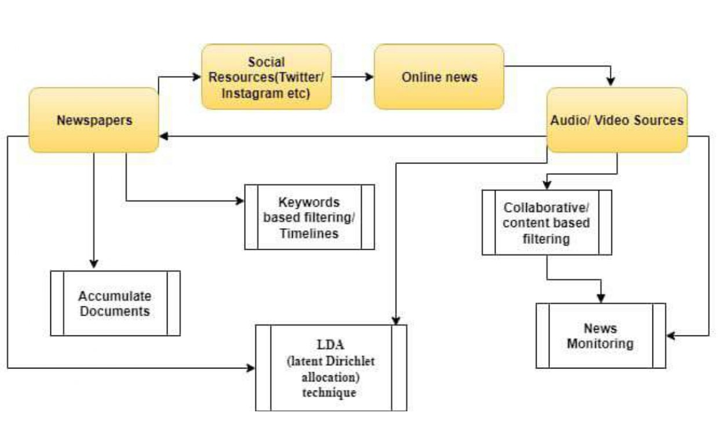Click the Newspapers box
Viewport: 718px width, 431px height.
pos(93,120)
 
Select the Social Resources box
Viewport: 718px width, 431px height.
pos(266,76)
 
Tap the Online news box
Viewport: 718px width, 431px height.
pos(439,76)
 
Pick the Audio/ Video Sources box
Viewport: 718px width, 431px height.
pos(617,120)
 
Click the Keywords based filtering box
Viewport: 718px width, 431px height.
pos(309,217)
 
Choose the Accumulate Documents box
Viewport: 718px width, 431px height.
pos(115,303)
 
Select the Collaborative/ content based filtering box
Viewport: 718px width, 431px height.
pos(546,222)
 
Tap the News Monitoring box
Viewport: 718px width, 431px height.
pos(600,335)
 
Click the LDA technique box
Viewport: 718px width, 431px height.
pos(331,368)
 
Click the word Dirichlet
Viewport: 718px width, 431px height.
pos(345,361)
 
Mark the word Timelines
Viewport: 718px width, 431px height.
pos(309,233)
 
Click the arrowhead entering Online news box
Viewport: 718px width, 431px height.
pos(369,76)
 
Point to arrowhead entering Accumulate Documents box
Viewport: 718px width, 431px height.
pos(93,265)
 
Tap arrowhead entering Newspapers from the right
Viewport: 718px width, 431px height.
pos(164,136)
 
